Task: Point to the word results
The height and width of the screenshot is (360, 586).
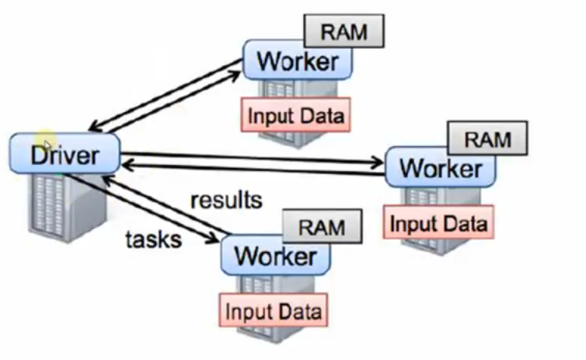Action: (x=226, y=199)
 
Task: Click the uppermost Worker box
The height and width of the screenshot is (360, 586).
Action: (x=297, y=61)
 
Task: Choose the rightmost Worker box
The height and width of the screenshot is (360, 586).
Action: (x=440, y=169)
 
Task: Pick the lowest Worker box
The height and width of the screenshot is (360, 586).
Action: (x=275, y=255)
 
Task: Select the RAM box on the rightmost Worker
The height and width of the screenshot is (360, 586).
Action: (x=488, y=139)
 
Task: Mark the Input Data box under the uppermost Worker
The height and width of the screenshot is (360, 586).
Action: (x=295, y=116)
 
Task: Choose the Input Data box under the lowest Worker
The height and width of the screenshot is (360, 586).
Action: (x=273, y=311)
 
